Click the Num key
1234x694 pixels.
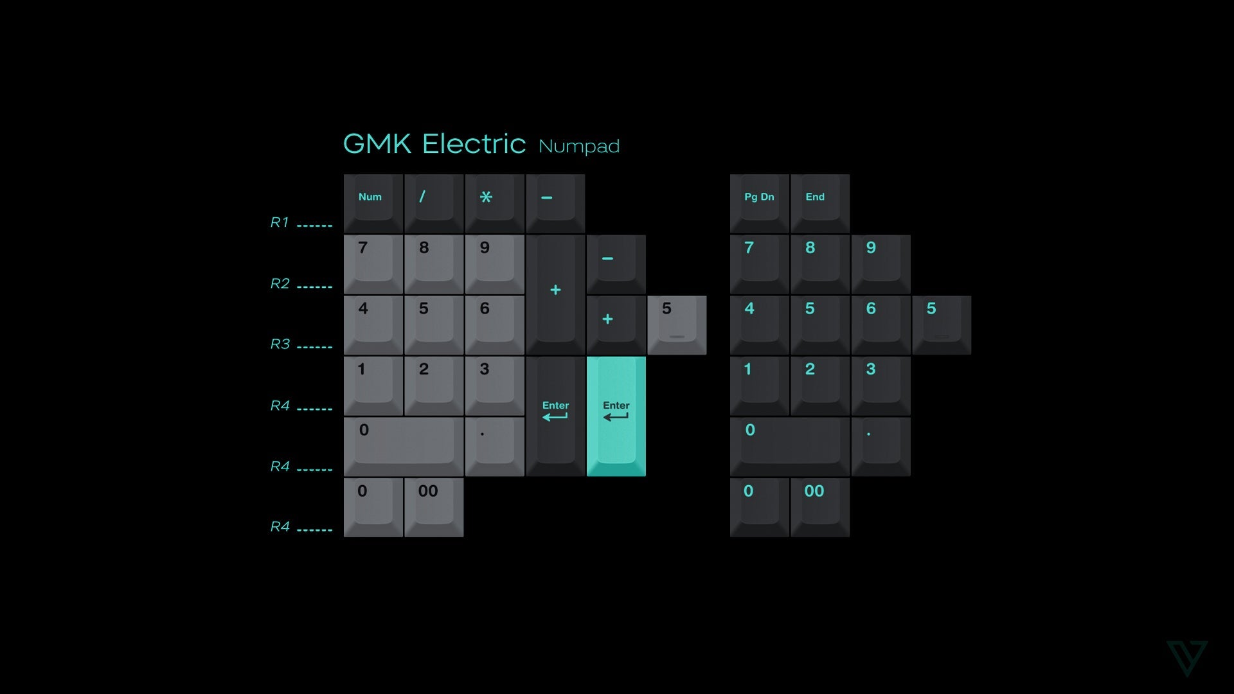coord(373,203)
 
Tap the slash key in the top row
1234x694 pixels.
coord(434,203)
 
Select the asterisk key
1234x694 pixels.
coord(494,203)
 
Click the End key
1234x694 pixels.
coord(819,203)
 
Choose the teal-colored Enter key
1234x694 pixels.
coord(616,416)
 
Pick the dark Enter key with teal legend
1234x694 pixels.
coord(555,416)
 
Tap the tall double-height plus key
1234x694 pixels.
coord(555,294)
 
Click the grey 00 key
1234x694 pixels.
coord(434,507)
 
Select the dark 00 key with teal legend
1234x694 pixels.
coord(819,507)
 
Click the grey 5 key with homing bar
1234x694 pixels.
coord(677,325)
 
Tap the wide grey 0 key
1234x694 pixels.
coord(404,446)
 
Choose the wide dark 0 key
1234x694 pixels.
coord(790,446)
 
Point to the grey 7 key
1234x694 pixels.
coord(373,263)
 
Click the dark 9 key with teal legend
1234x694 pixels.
coord(881,263)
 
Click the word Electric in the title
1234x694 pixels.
coord(474,144)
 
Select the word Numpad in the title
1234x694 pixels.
coord(579,147)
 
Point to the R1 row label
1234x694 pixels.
coord(280,222)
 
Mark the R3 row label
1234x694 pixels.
coord(280,344)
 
